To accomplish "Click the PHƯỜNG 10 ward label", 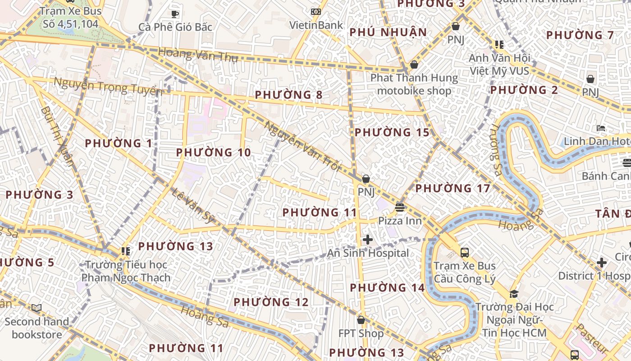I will click(213, 153).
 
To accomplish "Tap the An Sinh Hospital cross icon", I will click(368, 240).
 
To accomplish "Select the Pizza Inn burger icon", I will click(400, 208).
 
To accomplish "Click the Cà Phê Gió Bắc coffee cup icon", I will click(175, 14).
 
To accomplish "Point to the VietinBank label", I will click(316, 25).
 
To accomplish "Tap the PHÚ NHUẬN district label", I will click(388, 32).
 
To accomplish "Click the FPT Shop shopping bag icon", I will click(361, 320).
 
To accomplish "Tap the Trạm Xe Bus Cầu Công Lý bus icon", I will click(464, 252).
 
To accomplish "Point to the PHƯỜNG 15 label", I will click(392, 133).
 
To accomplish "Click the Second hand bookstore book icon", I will click(37, 308).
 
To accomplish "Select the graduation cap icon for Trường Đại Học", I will click(514, 294).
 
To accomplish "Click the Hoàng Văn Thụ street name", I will click(198, 55).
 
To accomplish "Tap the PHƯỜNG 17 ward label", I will click(452, 189).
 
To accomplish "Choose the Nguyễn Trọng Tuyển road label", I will click(108, 86).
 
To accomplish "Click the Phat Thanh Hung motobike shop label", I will click(414, 84).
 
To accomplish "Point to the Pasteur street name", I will click(592, 338).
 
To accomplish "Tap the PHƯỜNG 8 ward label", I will click(288, 95).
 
